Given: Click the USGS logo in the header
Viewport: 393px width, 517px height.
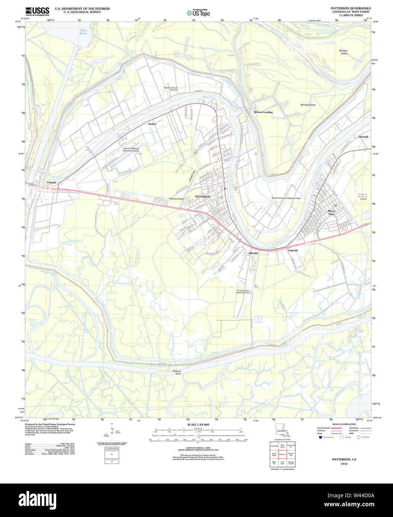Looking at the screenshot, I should (37, 12).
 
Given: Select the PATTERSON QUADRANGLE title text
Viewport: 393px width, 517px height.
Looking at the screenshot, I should (345, 8).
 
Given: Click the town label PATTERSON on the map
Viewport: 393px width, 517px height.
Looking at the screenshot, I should (203, 196).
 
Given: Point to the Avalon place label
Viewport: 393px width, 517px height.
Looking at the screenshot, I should (152, 123).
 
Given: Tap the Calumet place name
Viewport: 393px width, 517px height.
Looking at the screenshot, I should (51, 183).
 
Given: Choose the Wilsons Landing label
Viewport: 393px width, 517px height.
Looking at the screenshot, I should (263, 112).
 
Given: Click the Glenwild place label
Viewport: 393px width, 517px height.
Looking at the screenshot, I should (363, 137).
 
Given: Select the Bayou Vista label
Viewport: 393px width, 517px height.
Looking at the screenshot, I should (331, 212).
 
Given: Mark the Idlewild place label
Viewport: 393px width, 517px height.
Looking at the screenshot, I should (253, 253).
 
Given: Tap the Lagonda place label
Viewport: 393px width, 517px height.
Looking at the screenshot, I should (293, 250).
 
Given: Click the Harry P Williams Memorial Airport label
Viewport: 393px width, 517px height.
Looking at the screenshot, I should (131, 150).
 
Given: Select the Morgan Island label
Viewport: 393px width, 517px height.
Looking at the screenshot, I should (343, 52).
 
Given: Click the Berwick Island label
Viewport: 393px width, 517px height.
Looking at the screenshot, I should (308, 105).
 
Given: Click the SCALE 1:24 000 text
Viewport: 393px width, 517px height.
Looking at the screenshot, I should (198, 425).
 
